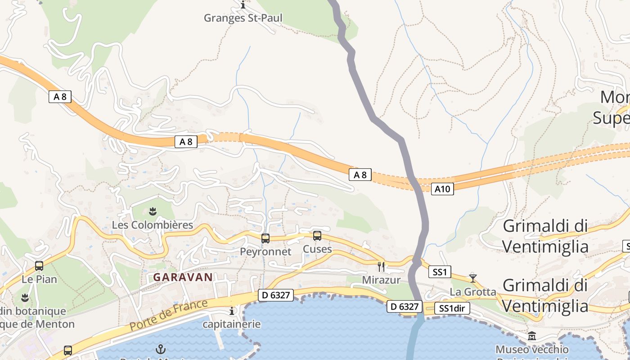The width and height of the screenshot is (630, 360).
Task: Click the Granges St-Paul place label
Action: (x=243, y=18)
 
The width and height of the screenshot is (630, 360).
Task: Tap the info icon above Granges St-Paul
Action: (x=243, y=5)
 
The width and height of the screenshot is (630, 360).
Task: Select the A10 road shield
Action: (x=442, y=189)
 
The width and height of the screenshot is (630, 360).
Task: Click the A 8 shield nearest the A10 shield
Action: (x=360, y=175)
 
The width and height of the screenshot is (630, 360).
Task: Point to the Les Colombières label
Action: (x=152, y=225)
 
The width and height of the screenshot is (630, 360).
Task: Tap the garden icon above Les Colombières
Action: (x=153, y=211)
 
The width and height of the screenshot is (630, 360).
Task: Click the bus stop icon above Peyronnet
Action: (x=265, y=238)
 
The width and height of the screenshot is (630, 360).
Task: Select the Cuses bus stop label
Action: (x=317, y=249)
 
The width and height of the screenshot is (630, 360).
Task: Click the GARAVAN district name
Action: (x=183, y=277)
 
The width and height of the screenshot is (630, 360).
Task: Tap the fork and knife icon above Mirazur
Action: (x=381, y=266)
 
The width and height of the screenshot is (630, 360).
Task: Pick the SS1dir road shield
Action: (x=452, y=308)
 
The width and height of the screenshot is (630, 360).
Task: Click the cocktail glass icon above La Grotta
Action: (x=472, y=278)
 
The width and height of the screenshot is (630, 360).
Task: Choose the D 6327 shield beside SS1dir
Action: (x=405, y=306)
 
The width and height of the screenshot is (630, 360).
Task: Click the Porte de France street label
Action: (x=169, y=315)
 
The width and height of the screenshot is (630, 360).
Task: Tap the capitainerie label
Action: (x=232, y=324)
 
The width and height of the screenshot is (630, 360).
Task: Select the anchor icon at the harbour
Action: (x=160, y=349)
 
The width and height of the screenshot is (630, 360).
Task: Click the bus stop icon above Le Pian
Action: (x=39, y=266)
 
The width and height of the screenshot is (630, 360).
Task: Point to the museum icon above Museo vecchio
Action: (x=532, y=336)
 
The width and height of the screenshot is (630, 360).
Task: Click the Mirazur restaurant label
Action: (x=381, y=280)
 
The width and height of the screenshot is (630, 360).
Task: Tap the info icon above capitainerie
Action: (x=232, y=311)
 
